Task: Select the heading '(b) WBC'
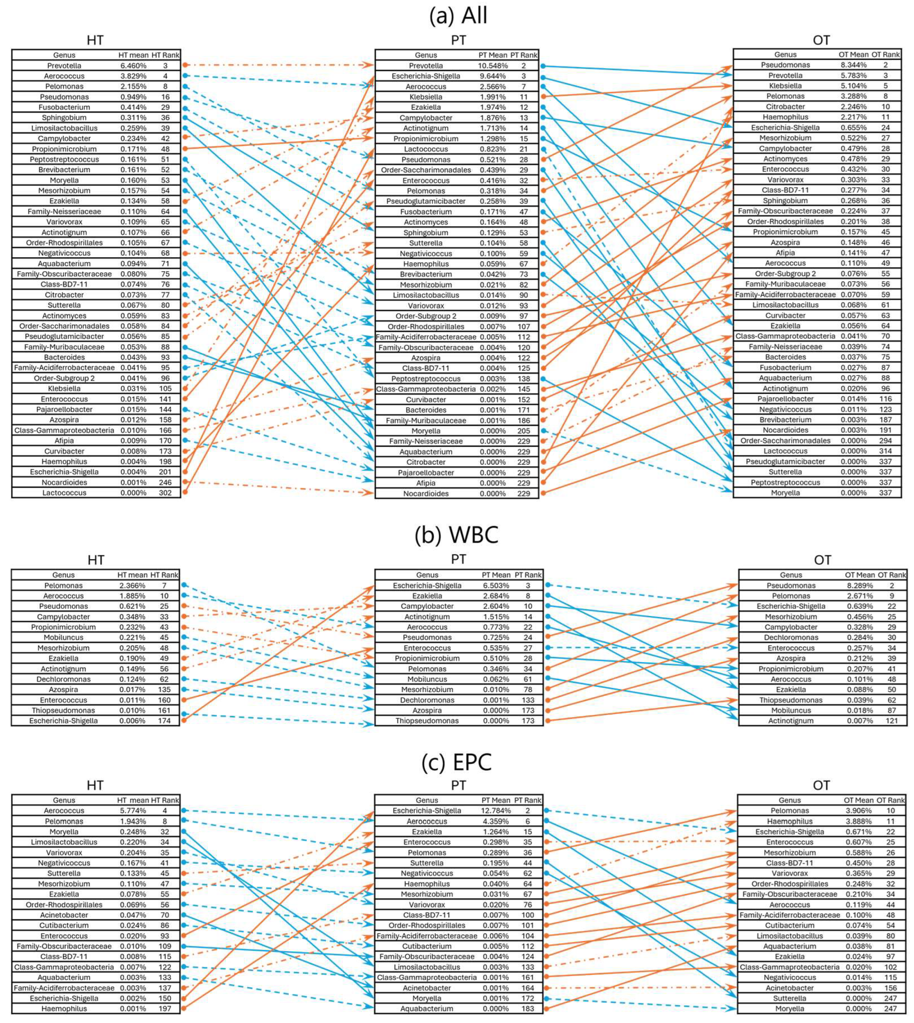(457, 535)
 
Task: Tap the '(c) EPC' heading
(457, 762)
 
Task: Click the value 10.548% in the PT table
(492, 66)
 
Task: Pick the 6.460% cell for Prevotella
(133, 66)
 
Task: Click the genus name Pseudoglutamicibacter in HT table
(64, 337)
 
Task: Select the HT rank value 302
(165, 492)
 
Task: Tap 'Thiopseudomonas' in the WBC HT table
(63, 710)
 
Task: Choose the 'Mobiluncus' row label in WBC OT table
(791, 710)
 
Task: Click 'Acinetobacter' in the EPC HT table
(64, 915)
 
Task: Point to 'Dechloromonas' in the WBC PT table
(427, 700)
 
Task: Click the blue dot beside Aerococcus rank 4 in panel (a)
(185, 76)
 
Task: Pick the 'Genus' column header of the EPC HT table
(64, 800)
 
